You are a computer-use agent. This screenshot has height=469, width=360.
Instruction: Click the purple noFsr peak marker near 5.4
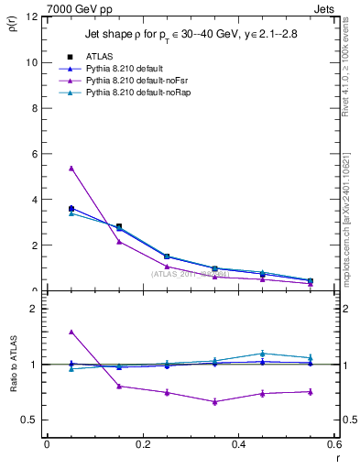coord(71,168)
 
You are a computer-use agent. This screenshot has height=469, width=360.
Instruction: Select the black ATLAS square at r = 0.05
coord(71,209)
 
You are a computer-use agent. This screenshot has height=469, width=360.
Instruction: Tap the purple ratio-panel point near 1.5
coord(71,332)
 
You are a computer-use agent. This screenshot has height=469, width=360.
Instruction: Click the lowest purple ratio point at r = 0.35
coord(214,401)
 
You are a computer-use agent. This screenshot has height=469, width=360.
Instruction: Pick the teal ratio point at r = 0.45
coord(263,353)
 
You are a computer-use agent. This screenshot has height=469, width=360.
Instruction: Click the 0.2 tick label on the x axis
coord(142,444)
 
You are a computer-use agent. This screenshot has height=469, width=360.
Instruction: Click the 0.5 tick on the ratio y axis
coord(29,420)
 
